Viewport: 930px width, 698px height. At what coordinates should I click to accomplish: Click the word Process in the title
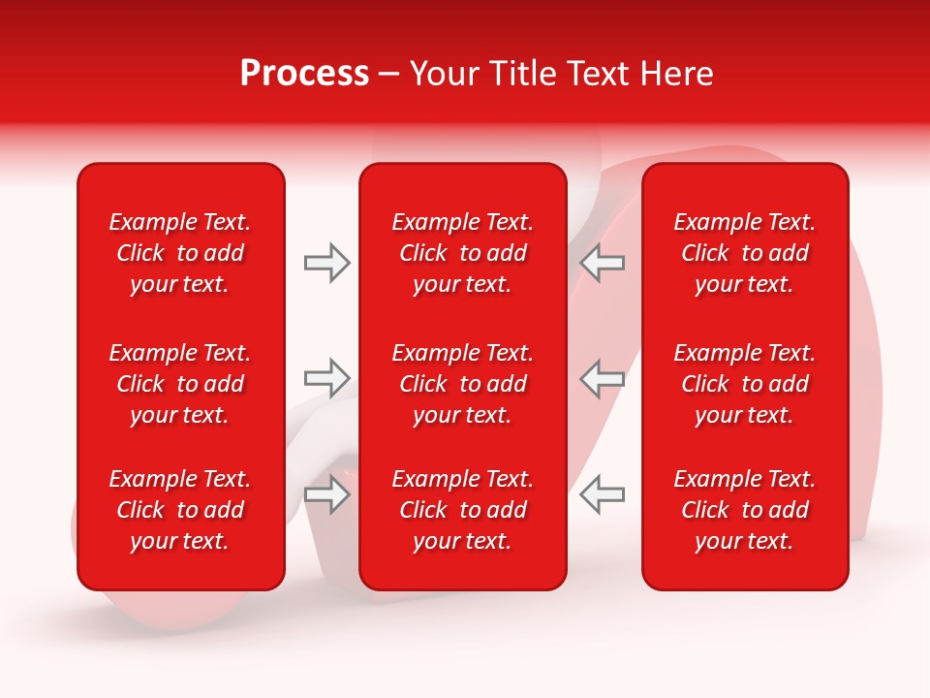304,74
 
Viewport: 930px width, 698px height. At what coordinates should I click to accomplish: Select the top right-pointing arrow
326,263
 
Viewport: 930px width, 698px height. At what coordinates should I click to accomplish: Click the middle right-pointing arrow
326,378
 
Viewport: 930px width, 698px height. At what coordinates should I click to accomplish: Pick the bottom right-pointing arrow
326,495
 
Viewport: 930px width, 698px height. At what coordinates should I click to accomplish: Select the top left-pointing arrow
603,263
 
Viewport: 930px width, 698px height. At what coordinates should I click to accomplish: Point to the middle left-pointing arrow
603,378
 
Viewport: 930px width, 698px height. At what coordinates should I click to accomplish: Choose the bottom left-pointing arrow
603,495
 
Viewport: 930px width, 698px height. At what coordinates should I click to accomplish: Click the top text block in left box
180,253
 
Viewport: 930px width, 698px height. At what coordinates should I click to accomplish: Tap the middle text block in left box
180,384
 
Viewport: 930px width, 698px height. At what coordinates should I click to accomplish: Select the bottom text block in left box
180,510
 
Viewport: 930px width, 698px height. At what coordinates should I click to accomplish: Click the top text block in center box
462,253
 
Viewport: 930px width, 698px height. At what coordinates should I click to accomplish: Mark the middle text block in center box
462,384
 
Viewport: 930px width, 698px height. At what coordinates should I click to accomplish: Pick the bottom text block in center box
462,510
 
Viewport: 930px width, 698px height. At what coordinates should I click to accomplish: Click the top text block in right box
744,253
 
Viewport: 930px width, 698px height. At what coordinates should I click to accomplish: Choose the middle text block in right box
744,384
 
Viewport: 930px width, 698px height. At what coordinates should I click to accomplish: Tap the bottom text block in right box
744,510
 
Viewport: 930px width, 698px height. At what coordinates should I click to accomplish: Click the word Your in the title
442,74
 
